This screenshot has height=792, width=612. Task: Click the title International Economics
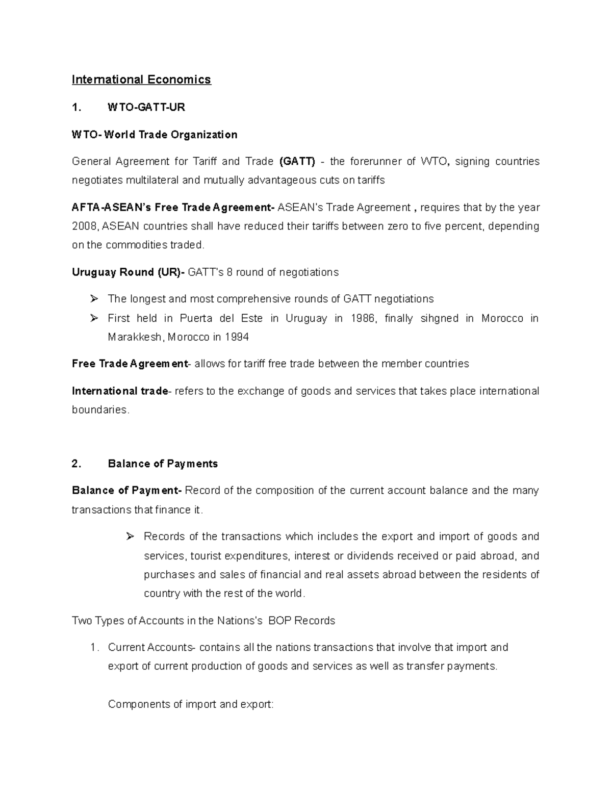pyautogui.click(x=141, y=80)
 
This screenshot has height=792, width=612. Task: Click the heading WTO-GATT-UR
pyautogui.click(x=146, y=107)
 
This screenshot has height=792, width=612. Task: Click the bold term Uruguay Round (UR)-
pyautogui.click(x=129, y=272)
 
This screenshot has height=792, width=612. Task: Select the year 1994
pyautogui.click(x=236, y=337)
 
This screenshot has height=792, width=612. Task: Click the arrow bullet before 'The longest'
pyautogui.click(x=93, y=299)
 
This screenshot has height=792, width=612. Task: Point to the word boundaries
pyautogui.click(x=99, y=410)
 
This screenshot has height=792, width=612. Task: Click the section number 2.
pyautogui.click(x=76, y=464)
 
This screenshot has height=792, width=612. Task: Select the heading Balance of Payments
pyautogui.click(x=163, y=464)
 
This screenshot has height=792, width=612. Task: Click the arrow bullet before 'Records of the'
pyautogui.click(x=130, y=536)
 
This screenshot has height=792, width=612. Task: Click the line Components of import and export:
pyautogui.click(x=191, y=704)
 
